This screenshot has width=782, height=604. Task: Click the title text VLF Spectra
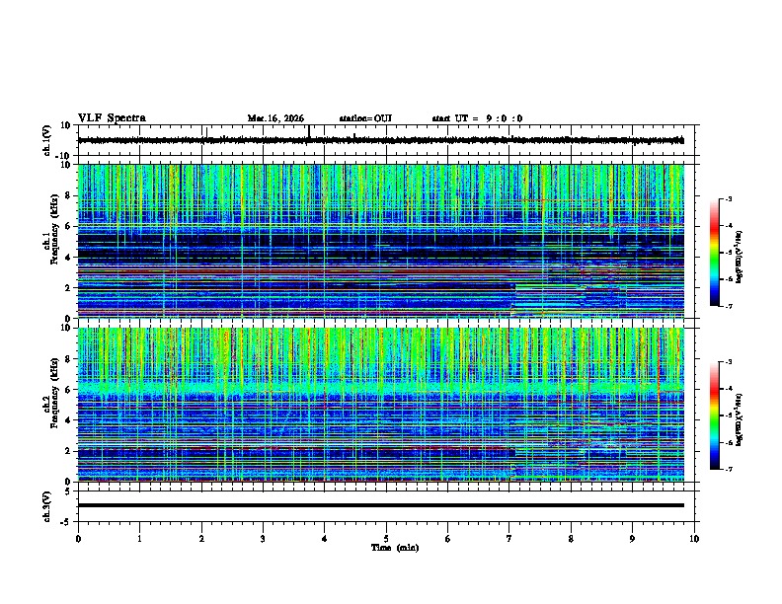112,118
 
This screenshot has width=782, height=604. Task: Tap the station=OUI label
365,118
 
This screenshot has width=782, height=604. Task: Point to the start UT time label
477,118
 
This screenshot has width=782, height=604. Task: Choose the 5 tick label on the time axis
386,538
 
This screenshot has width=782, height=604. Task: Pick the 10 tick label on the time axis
694,538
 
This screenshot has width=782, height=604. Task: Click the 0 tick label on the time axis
78,538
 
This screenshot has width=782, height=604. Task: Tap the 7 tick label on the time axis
509,538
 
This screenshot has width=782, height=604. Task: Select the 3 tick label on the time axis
263,538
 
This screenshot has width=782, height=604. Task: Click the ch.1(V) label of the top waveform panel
46,141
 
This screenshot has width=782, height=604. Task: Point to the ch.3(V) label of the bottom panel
46,504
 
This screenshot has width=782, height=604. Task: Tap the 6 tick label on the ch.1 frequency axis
69,227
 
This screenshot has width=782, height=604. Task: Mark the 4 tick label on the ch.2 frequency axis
69,420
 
